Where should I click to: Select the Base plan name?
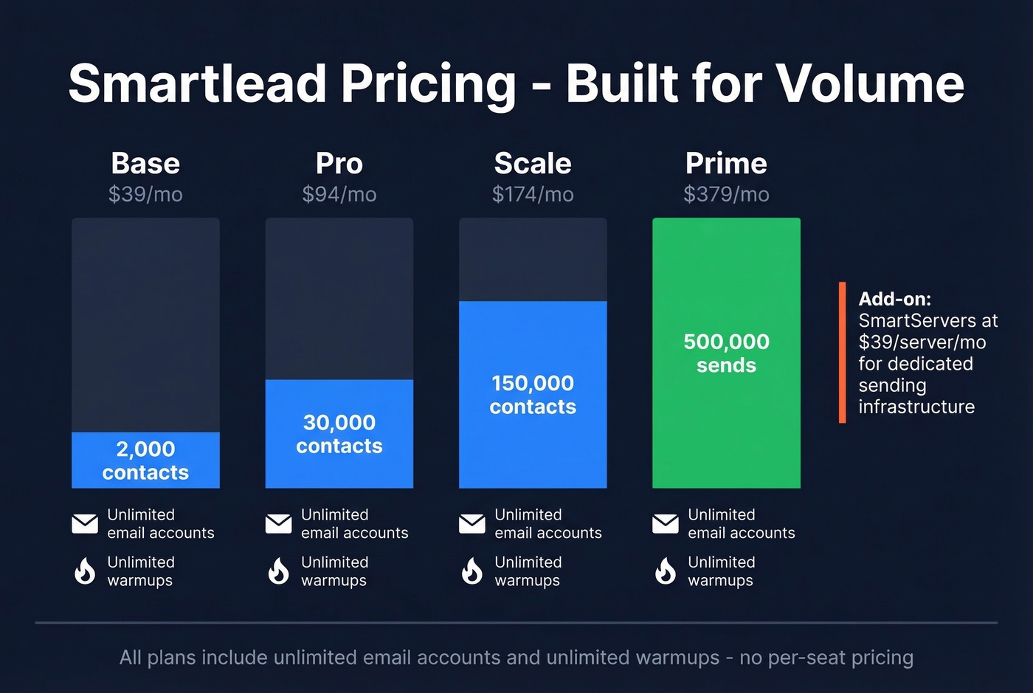coord(145,163)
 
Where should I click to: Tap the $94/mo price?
coord(339,194)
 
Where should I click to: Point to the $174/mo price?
coord(533,194)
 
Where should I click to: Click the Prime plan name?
coord(726,163)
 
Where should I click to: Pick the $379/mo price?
coord(726,194)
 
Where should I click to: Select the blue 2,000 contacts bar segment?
coord(145,460)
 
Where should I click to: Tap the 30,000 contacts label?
coord(339,434)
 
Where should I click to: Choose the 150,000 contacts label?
coord(533,395)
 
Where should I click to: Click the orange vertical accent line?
coord(842,352)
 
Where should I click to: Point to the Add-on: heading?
coord(894,299)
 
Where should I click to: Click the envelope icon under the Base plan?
coord(85,523)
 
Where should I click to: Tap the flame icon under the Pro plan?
coord(278,570)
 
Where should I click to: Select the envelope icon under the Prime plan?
coord(666,523)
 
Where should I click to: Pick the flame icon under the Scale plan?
coord(471,570)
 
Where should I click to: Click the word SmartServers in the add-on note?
coord(908,320)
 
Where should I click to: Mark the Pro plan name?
coord(339,163)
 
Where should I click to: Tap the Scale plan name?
coord(533,163)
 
